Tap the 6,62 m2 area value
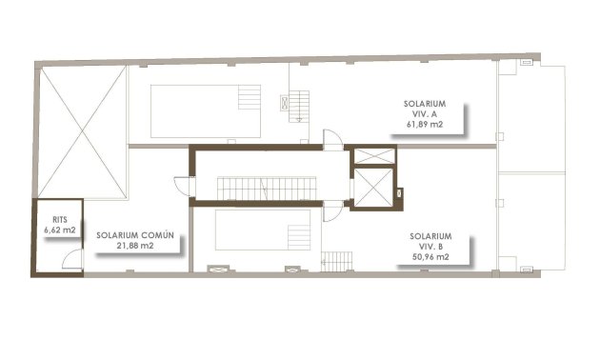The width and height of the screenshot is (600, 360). tap(58, 230)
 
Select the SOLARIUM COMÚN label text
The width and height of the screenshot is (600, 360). tap(140, 234)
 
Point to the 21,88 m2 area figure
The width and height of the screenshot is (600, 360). tap(135, 246)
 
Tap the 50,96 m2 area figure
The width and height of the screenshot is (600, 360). tap(430, 257)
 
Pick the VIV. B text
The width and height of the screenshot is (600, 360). tap(430, 246)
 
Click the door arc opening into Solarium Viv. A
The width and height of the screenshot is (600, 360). tap(330, 139)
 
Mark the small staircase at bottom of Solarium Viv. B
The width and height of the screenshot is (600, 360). tap(336, 259)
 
